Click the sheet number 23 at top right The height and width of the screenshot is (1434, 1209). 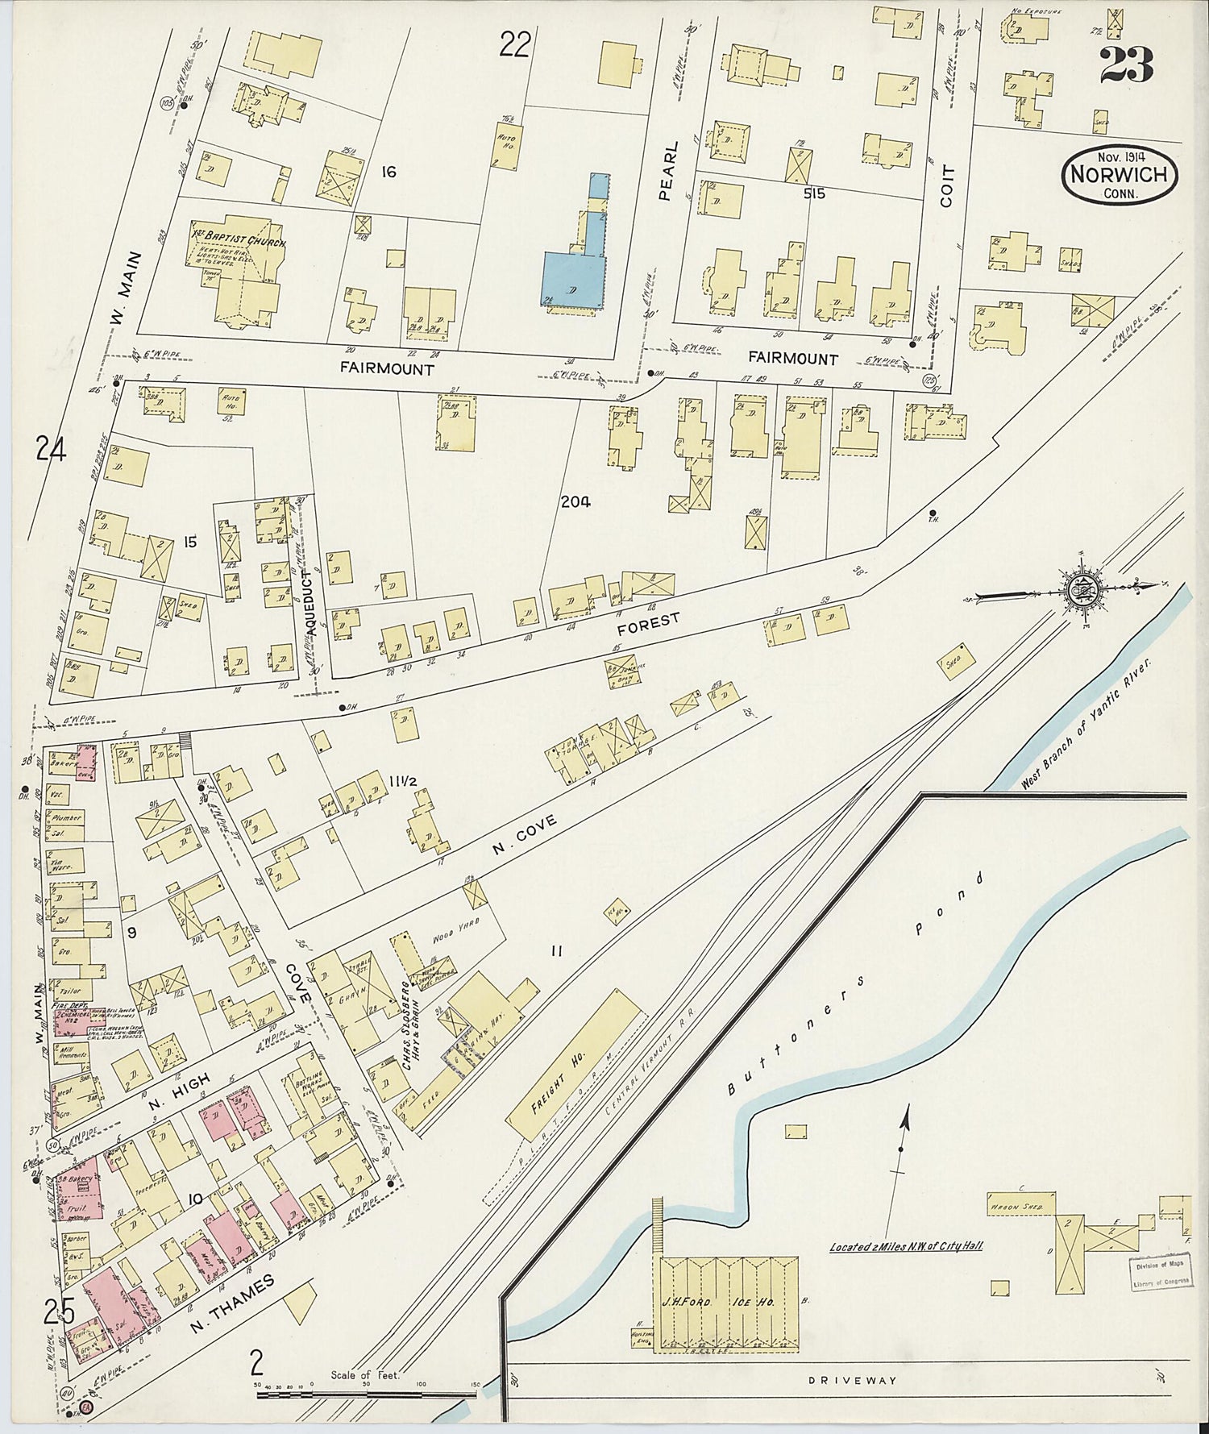coord(1127,64)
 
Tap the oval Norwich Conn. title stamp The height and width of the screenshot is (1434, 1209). coord(1120,175)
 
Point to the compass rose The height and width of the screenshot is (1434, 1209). coord(1080,588)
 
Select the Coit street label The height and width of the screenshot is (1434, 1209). coord(947,185)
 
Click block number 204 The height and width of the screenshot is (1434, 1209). coord(575,502)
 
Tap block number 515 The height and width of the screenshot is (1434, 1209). coord(814,193)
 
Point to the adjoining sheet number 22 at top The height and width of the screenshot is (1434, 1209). coord(514,44)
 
